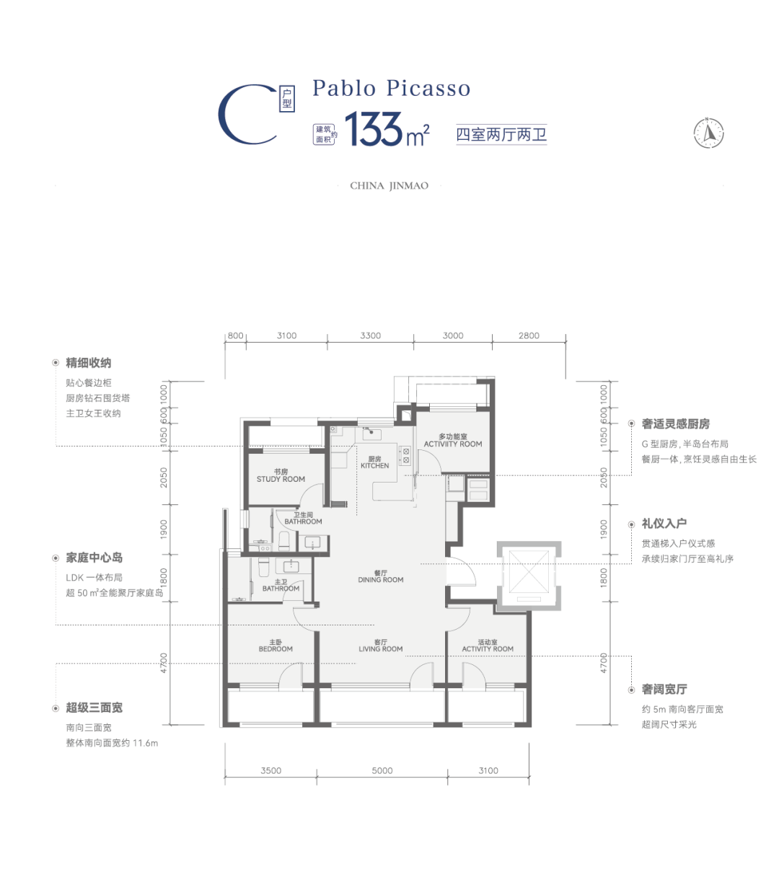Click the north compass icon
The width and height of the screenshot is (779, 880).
pyautogui.click(x=708, y=133)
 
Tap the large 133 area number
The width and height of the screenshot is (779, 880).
pyautogui.click(x=374, y=128)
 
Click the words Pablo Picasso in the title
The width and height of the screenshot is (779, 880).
pyautogui.click(x=391, y=88)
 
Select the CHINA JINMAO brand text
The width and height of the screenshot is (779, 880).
pyautogui.click(x=389, y=186)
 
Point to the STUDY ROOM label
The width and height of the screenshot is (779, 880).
pyautogui.click(x=281, y=479)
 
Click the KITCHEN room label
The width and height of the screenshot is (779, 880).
pyautogui.click(x=374, y=466)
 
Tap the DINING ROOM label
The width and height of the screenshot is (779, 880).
pyautogui.click(x=381, y=580)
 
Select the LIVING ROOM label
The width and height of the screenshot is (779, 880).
pyautogui.click(x=381, y=649)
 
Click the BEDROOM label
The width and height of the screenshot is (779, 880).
pyautogui.click(x=276, y=649)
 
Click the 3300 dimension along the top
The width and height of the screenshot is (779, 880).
pyautogui.click(x=370, y=335)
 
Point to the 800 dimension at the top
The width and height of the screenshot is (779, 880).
pyautogui.click(x=235, y=335)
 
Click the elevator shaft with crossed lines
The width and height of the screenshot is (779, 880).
pyautogui.click(x=529, y=576)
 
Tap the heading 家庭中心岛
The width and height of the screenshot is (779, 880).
pyautogui.click(x=94, y=558)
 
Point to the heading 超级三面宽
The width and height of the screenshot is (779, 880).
pyautogui.click(x=94, y=708)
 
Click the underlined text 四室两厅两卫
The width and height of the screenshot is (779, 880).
pyautogui.click(x=501, y=134)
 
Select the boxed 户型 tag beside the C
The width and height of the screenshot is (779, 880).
pyautogui.click(x=287, y=99)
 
